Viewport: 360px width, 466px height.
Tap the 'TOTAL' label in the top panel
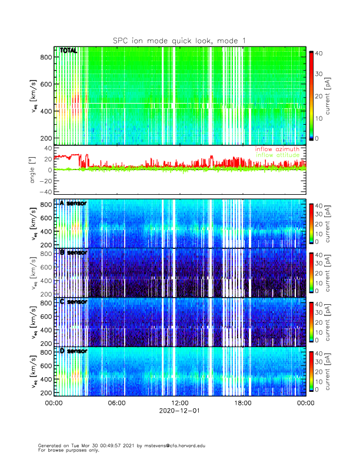[x=69, y=51]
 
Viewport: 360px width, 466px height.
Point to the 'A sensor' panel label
[x=73, y=203]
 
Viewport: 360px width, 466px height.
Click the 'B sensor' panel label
[x=73, y=252]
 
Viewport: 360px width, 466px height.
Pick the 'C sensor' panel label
[x=73, y=302]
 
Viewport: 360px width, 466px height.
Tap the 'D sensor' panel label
[x=73, y=351]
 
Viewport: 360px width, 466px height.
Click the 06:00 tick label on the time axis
[x=116, y=403]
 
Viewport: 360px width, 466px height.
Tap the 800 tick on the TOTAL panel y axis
[x=45, y=56]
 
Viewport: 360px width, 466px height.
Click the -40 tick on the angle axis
[x=44, y=192]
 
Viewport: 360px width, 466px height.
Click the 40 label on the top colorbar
[x=318, y=53]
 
